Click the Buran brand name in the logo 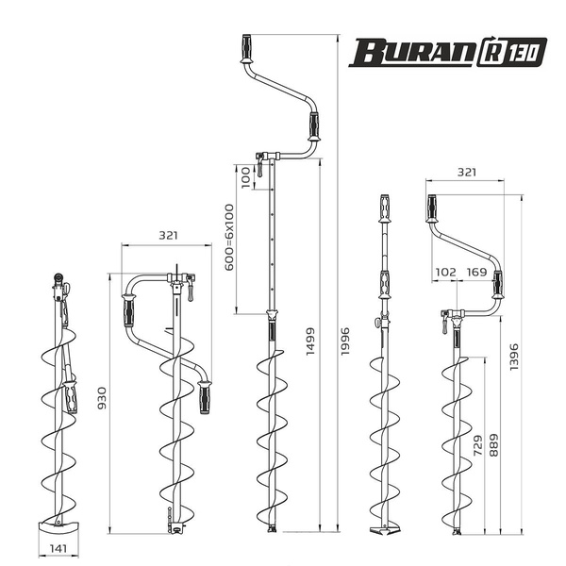tap(411, 52)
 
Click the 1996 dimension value tap(345, 341)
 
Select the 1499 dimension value tap(310, 341)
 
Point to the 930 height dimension tap(103, 398)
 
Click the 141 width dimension tap(58, 548)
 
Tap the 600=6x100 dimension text tap(229, 237)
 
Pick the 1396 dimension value tap(514, 357)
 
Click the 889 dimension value tap(493, 444)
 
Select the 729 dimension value tap(477, 445)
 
